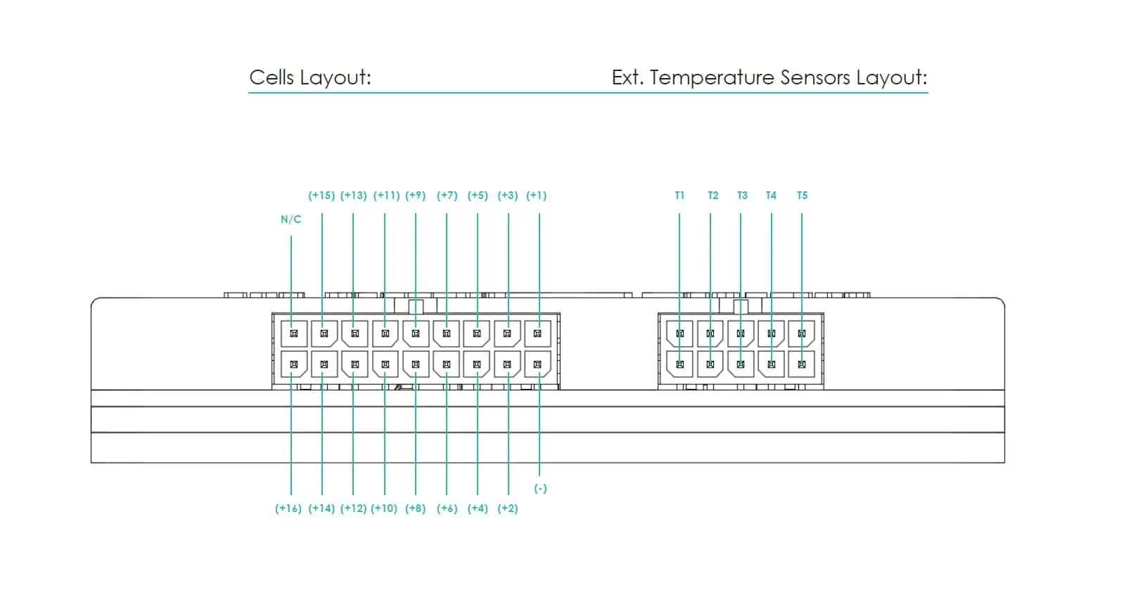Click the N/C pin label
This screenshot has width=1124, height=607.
[290, 219]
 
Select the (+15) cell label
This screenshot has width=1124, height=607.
[321, 196]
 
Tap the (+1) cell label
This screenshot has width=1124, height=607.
[536, 196]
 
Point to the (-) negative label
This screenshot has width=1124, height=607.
[540, 488]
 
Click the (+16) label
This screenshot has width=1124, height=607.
[288, 509]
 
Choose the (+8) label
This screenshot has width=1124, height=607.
[415, 509]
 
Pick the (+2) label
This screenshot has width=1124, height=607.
[507, 509]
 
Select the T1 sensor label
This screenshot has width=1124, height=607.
[679, 196]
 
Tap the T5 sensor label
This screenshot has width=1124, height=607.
[802, 196]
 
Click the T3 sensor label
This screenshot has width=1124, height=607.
[742, 196]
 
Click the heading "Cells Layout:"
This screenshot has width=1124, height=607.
[310, 77]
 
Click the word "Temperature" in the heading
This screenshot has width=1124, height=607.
[711, 77]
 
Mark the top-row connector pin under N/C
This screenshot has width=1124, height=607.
[294, 333]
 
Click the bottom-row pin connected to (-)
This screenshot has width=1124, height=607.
[537, 364]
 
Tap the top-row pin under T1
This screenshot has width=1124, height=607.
[680, 333]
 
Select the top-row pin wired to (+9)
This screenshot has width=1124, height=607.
[416, 333]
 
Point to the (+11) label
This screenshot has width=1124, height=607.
[386, 196]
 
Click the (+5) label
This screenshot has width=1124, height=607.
[478, 196]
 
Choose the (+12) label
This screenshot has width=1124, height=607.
[353, 509]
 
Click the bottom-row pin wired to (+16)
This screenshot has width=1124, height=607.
[294, 364]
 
